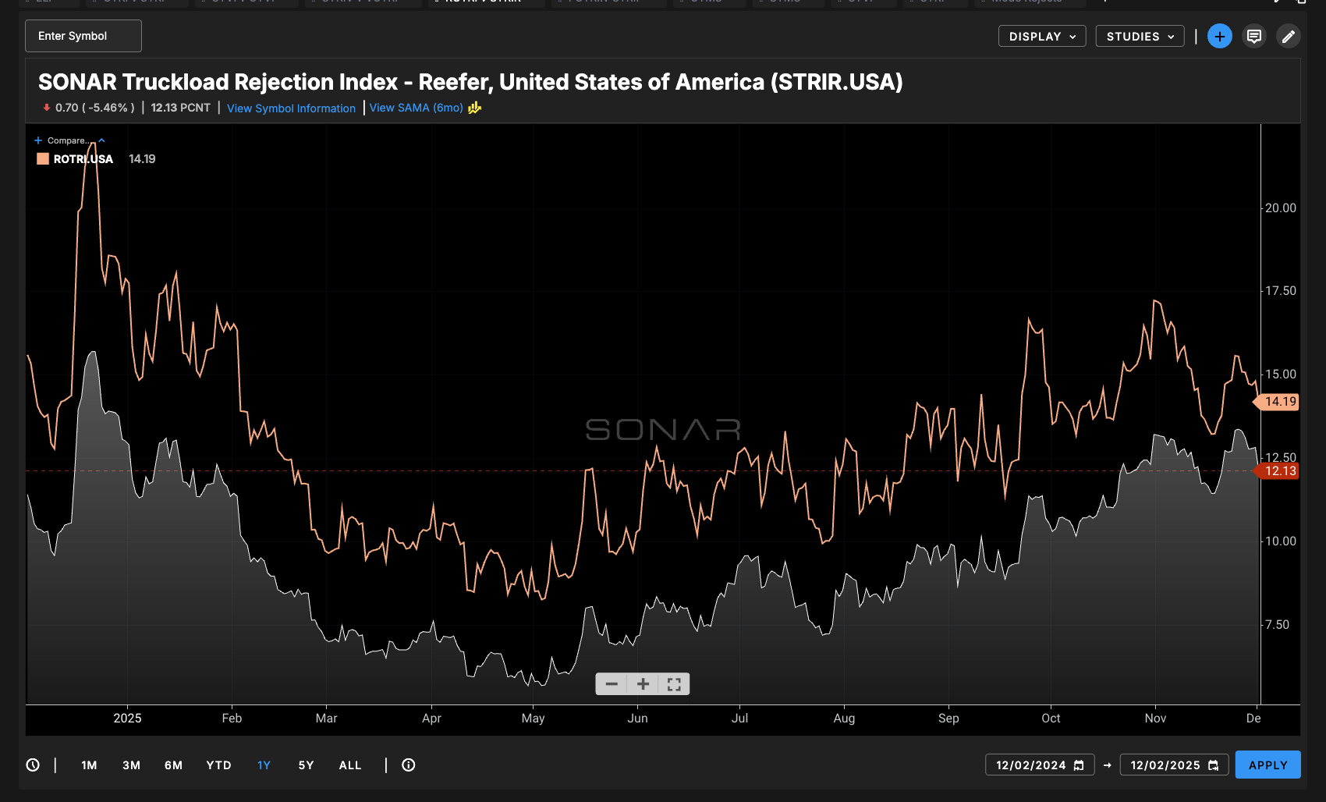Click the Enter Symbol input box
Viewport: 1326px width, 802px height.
[83, 36]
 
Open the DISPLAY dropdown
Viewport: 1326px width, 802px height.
[1041, 37]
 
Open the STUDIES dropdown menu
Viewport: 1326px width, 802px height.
[1140, 37]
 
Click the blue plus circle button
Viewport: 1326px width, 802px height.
[1219, 36]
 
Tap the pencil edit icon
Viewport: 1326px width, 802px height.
[1288, 36]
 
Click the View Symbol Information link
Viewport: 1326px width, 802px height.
[291, 108]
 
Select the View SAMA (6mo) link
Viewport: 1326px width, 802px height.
[416, 108]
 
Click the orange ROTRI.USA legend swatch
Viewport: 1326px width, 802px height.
[43, 159]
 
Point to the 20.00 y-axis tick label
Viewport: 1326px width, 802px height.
[1280, 208]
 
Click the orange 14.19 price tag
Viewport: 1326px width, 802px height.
[1279, 402]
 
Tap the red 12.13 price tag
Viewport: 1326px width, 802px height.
[1279, 471]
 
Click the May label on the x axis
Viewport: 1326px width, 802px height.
[533, 719]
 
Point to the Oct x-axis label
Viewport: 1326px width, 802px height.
[1051, 719]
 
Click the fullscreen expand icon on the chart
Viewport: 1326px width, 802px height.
[674, 684]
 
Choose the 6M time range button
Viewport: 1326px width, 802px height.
[173, 765]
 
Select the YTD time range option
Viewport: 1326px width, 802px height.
[218, 765]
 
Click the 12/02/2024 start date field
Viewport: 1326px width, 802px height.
[1039, 765]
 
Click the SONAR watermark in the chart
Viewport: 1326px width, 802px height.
[662, 429]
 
